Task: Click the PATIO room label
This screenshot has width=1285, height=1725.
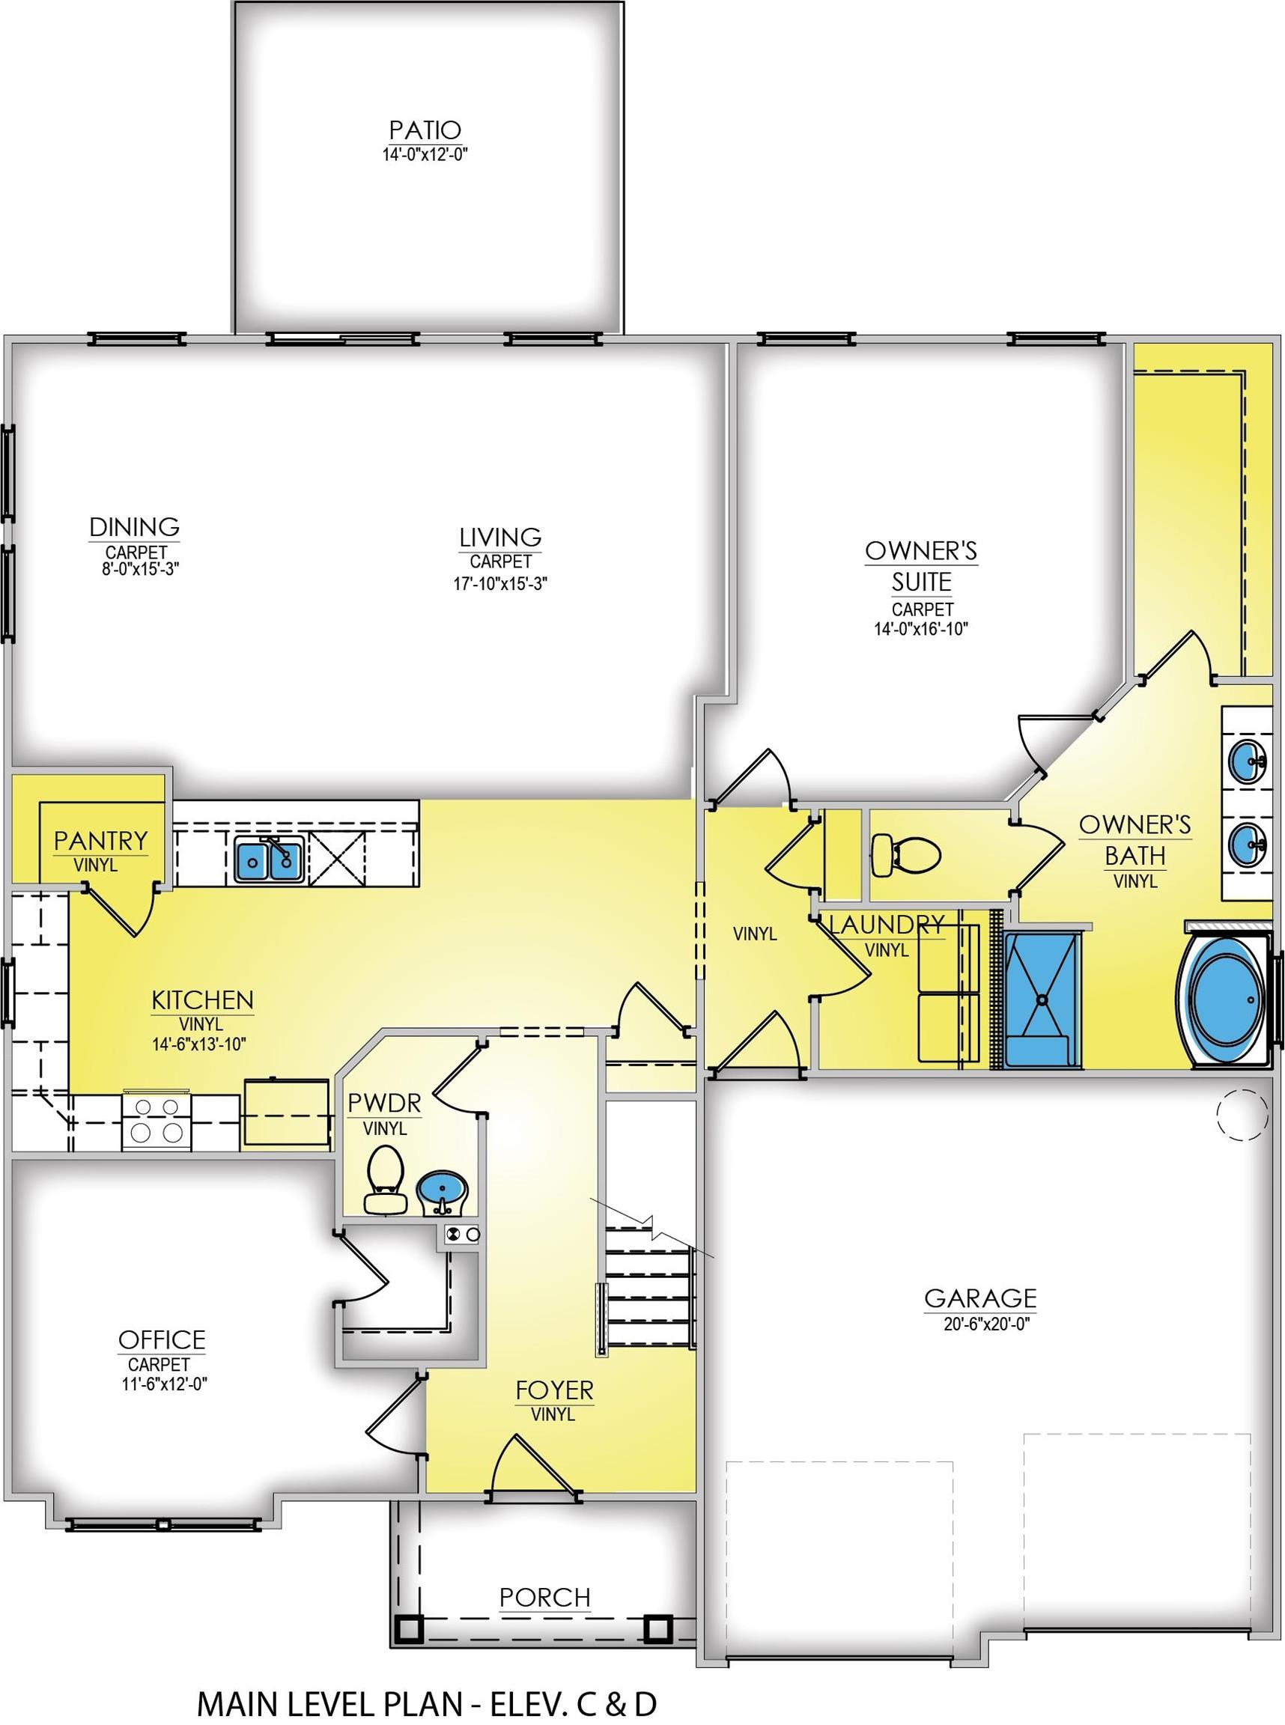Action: [425, 129]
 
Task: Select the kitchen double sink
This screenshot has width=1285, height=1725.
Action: [269, 860]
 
